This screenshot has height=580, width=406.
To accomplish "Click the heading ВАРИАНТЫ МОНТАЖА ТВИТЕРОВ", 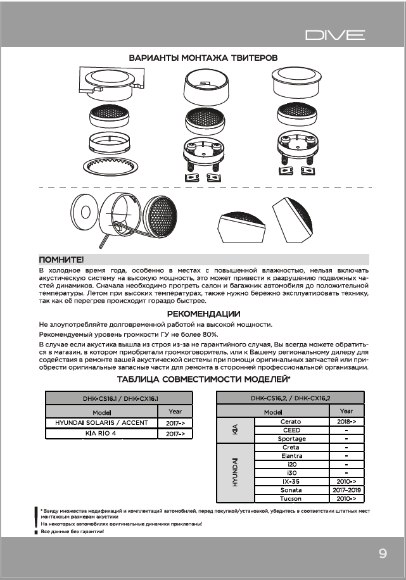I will coord(203,58).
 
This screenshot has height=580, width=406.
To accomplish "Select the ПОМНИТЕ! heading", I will coord(61,260).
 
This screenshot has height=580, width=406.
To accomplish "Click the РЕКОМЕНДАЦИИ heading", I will coord(203,313).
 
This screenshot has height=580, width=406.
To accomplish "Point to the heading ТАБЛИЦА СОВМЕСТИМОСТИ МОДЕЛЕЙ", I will coord(203,379).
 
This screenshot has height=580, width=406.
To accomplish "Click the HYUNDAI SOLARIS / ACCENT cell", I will coord(101,422).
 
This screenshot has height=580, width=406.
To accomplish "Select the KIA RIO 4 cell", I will coord(101,434).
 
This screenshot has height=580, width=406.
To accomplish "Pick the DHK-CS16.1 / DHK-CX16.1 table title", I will coord(120,398).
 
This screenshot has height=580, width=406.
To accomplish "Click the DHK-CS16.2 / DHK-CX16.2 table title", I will coord(291,398).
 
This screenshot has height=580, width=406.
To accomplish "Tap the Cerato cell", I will coord(291,421).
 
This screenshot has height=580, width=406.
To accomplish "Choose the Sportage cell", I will coord(291,438).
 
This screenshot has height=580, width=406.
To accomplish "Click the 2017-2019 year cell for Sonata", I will coord(346,489).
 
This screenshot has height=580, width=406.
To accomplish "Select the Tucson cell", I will coord(291,498).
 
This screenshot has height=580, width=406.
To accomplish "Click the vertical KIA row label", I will coord(235,430).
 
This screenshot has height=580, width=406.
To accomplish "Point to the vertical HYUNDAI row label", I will coord(235,472).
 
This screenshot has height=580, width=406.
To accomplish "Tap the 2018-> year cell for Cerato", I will coord(346,421).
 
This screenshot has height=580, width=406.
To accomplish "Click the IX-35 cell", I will coord(291,481).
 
